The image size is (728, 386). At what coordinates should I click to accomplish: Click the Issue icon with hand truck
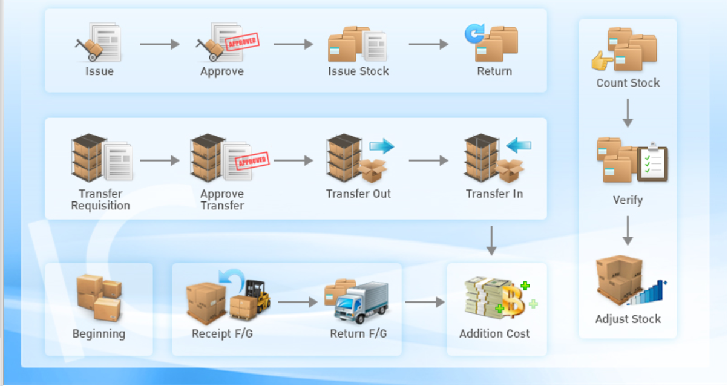point(99,42)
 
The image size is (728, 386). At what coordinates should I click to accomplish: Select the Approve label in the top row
point(222,71)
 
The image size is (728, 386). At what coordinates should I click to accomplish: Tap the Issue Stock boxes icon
point(357,44)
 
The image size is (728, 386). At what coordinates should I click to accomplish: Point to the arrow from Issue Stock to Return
point(428,44)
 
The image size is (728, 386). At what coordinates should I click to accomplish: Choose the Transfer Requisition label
point(100,200)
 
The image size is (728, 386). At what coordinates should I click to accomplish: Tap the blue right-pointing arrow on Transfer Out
point(381,146)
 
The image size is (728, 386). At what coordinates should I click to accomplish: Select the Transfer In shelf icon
point(482,157)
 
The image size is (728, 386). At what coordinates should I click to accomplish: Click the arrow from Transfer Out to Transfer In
point(428,160)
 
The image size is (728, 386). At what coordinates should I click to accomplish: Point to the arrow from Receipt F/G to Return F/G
point(298,302)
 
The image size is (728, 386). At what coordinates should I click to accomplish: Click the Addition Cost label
point(494,333)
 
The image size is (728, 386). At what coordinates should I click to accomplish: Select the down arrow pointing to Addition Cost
point(491,241)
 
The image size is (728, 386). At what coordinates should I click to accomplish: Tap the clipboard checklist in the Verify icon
point(652,162)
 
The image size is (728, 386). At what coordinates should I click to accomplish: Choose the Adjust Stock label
point(628,319)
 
